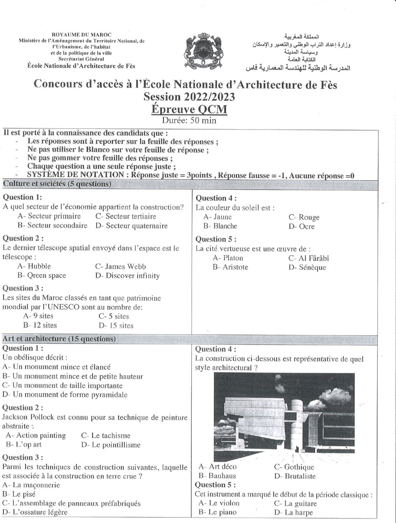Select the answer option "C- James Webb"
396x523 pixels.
pos(120,266)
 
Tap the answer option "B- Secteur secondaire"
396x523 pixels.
pos(52,226)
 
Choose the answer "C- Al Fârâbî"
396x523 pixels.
pos(308,258)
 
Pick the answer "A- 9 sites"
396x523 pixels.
pos(38,316)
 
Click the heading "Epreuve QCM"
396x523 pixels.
pos(189,109)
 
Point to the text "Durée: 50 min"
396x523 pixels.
pos(189,120)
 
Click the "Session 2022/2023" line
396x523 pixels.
pos(189,97)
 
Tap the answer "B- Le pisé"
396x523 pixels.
pos(19,494)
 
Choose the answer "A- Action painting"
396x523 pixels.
pos(36,435)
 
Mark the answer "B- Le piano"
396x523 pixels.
pos(217,512)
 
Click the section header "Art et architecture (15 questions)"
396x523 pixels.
pos(59,338)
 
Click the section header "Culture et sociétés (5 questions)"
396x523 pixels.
pos(57,184)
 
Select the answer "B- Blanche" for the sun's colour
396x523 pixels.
pos(220,226)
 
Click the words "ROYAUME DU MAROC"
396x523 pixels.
pos(81,35)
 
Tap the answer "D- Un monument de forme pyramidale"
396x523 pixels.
pos(65,395)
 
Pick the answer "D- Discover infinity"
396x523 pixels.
pos(127,276)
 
